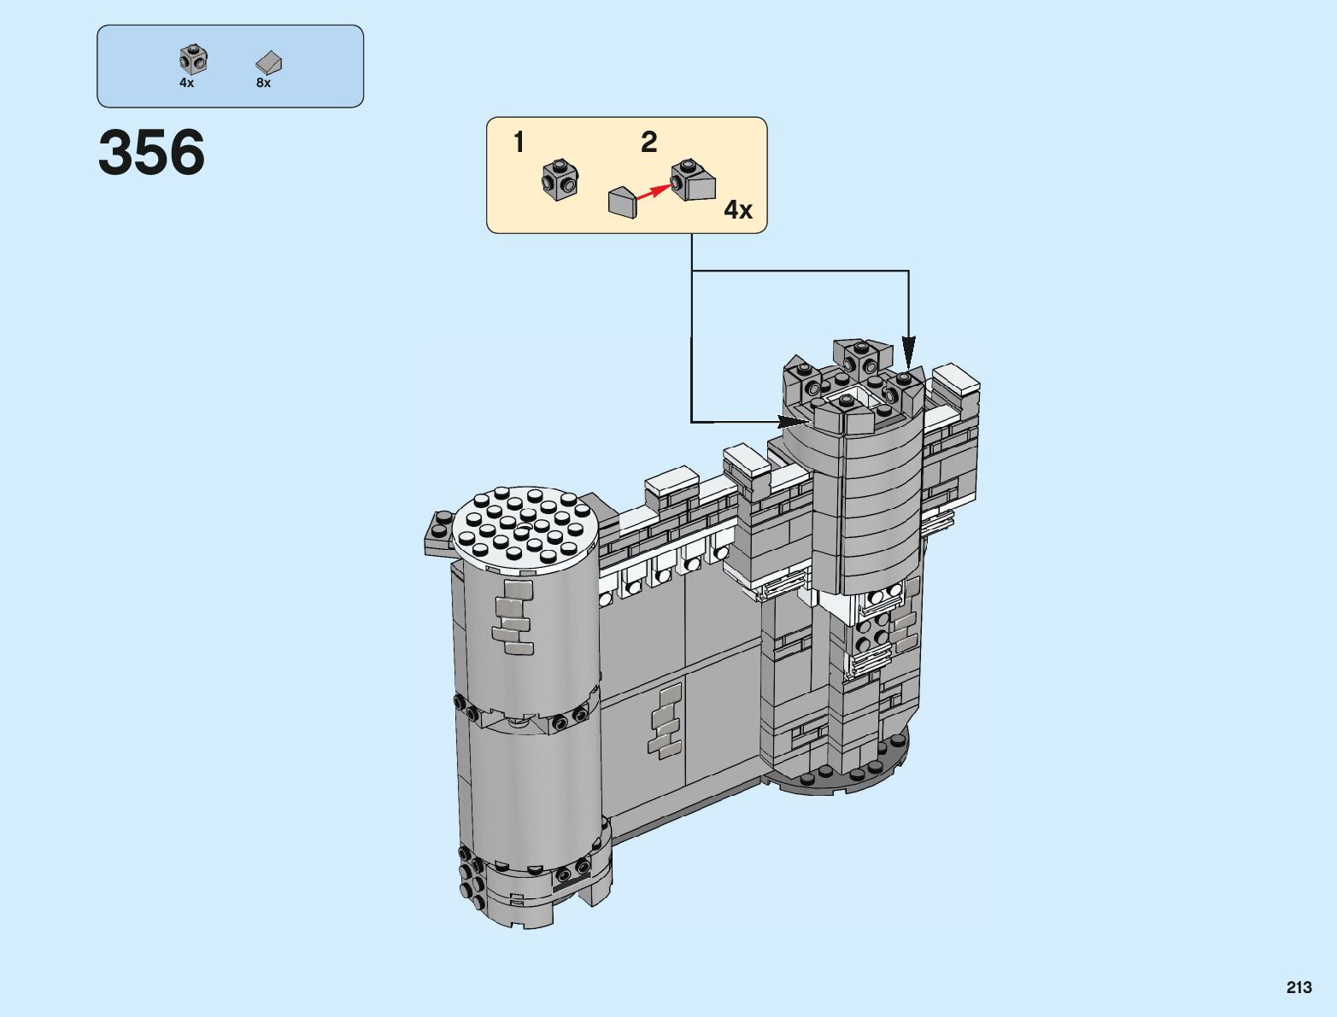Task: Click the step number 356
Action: pyautogui.click(x=151, y=152)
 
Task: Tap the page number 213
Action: pyautogui.click(x=1299, y=987)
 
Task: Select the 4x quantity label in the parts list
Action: pyautogui.click(x=186, y=83)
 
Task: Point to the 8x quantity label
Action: pyautogui.click(x=263, y=83)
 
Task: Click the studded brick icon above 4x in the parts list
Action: pyautogui.click(x=193, y=59)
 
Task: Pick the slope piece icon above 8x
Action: pyautogui.click(x=268, y=62)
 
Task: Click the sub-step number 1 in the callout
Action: pyautogui.click(x=519, y=143)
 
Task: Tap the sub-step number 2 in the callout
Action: pyautogui.click(x=648, y=143)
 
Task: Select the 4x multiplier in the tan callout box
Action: pyautogui.click(x=737, y=210)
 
